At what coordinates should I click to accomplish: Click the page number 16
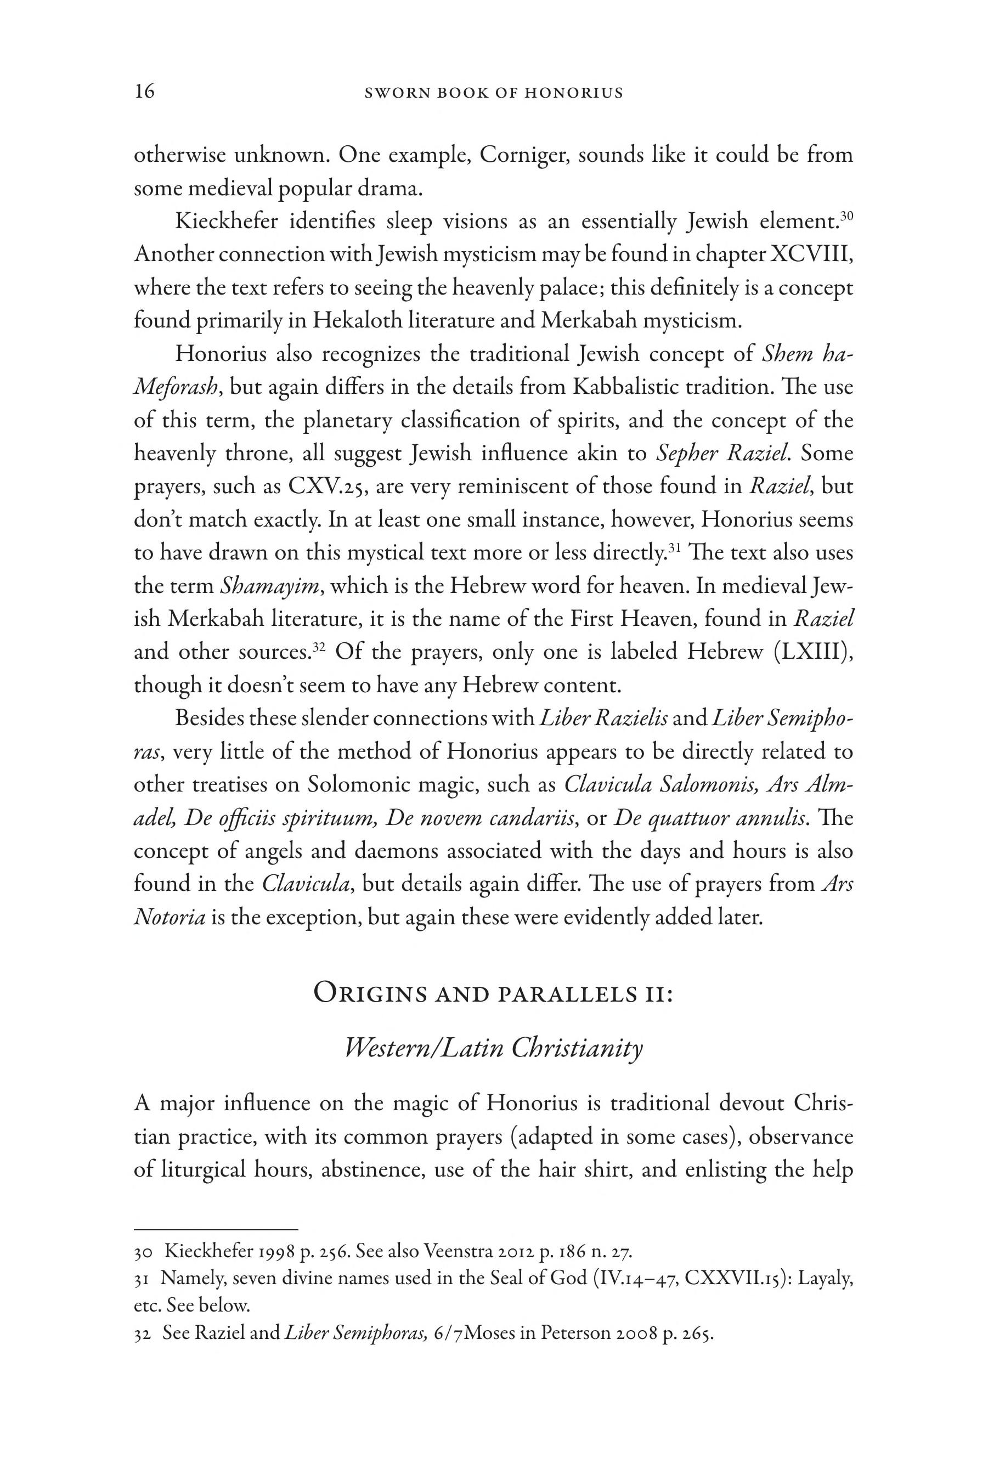[144, 92]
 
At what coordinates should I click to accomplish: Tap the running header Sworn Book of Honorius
[494, 93]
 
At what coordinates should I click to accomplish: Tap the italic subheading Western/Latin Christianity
[493, 1048]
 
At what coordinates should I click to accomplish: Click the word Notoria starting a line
[170, 917]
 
